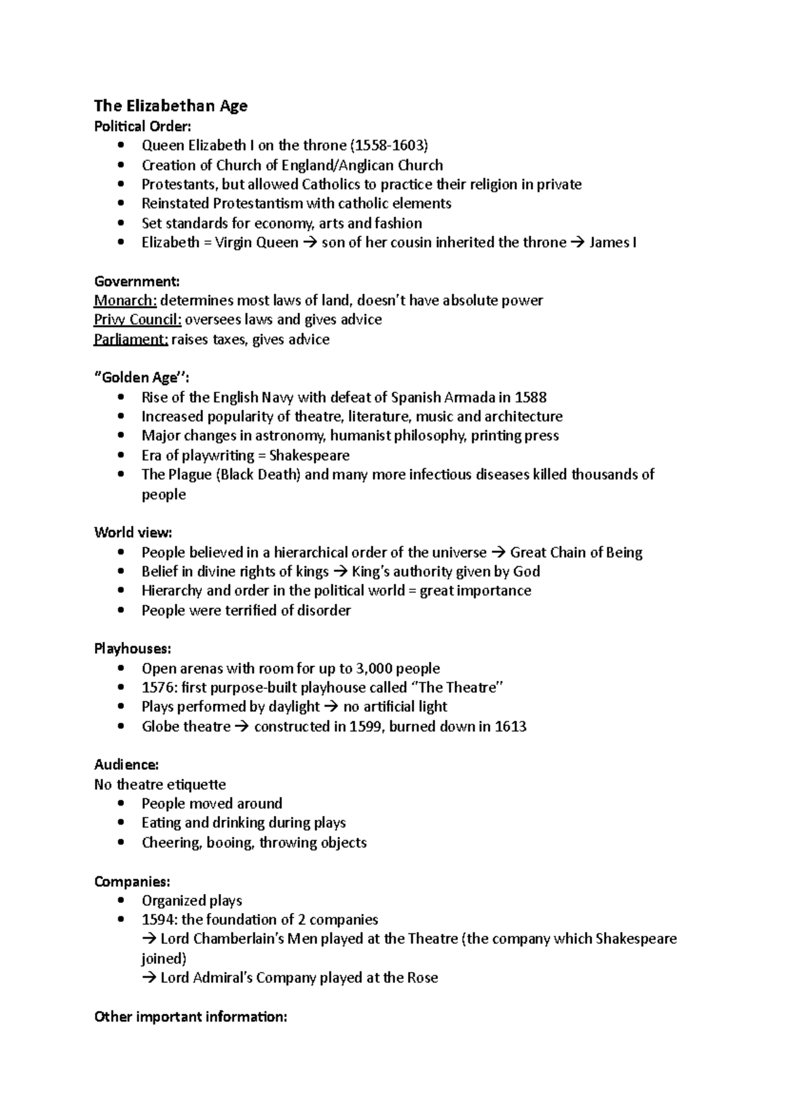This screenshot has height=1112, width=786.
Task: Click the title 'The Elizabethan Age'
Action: point(170,106)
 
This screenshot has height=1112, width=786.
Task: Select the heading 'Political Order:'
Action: point(143,126)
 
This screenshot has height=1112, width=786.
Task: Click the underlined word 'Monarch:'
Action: point(125,301)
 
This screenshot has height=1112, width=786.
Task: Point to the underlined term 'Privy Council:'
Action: point(138,320)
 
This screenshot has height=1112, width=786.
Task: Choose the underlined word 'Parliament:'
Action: point(131,339)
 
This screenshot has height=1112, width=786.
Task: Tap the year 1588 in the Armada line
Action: point(531,398)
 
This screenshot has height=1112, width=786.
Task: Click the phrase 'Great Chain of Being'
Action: point(576,552)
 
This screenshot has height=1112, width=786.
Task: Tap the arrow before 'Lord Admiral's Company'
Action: point(149,978)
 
